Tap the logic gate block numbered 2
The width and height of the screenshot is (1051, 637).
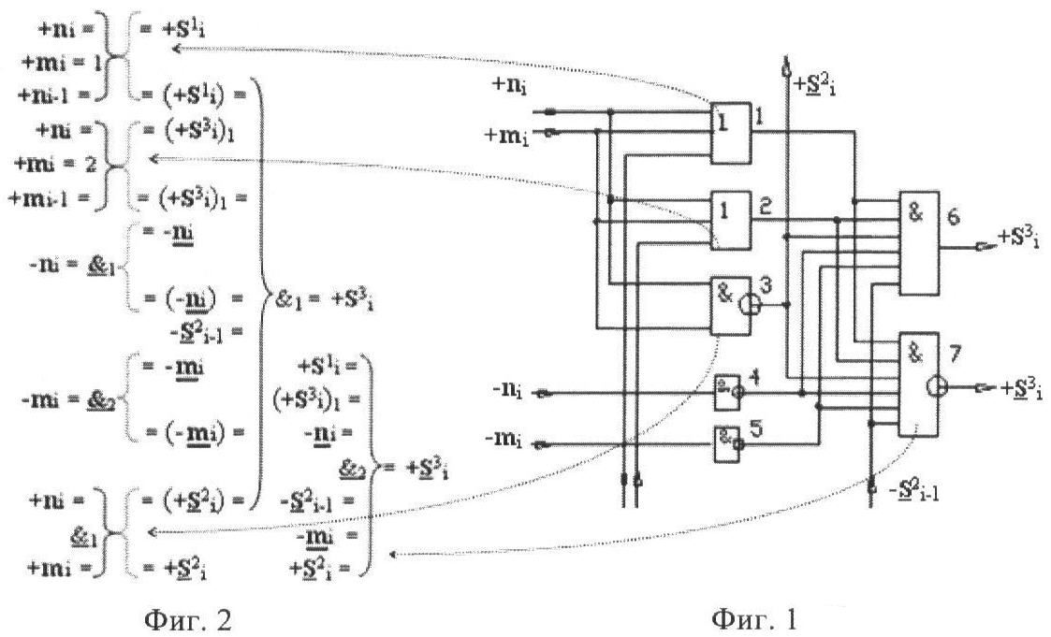(730, 221)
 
